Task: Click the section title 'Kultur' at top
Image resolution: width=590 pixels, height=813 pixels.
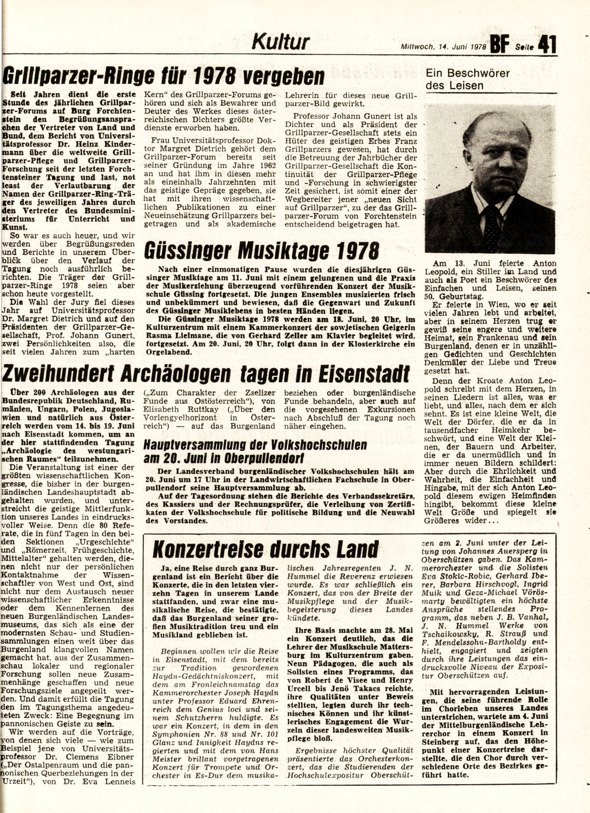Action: tap(280, 42)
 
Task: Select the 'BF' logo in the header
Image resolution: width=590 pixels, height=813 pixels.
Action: tap(500, 45)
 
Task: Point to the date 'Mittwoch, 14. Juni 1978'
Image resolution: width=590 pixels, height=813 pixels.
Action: tap(443, 47)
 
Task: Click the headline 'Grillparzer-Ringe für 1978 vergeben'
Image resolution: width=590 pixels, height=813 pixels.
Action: tap(163, 77)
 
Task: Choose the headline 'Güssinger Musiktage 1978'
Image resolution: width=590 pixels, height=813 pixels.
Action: tap(261, 250)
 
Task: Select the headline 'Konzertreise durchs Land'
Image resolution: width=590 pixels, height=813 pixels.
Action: tap(265, 548)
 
